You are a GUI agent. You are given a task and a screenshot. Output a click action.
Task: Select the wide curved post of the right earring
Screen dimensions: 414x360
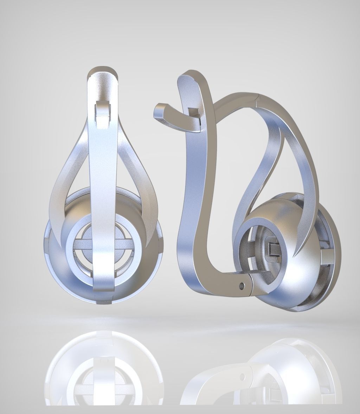tap(192, 211)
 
